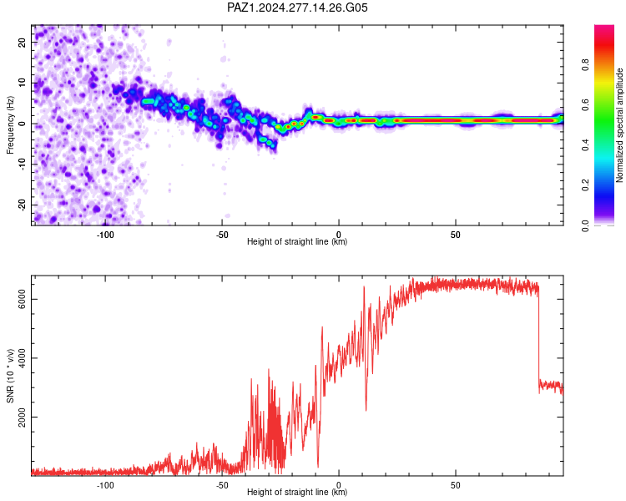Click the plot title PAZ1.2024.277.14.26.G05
pyautogui.click(x=297, y=8)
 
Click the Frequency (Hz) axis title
pyautogui.click(x=10, y=125)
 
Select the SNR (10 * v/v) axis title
pyautogui.click(x=10, y=376)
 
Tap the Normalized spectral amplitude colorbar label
pyautogui.click(x=619, y=125)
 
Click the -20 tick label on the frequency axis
pyautogui.click(x=22, y=205)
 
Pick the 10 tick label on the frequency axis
pyautogui.click(x=22, y=83)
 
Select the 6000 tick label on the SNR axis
pyautogui.click(x=22, y=299)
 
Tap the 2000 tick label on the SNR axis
pyautogui.click(x=22, y=417)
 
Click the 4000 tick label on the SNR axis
pyautogui.click(x=22, y=358)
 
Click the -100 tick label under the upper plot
pyautogui.click(x=105, y=235)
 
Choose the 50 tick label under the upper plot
pyautogui.click(x=456, y=235)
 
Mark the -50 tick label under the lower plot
pyautogui.click(x=222, y=485)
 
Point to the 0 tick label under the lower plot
pyautogui.click(x=339, y=485)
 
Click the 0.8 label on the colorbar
pyautogui.click(x=585, y=64)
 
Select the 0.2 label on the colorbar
pyautogui.click(x=585, y=185)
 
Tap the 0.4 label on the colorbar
pyautogui.click(x=585, y=144)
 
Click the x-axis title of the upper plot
pyautogui.click(x=297, y=241)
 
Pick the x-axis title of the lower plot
pyautogui.click(x=297, y=492)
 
